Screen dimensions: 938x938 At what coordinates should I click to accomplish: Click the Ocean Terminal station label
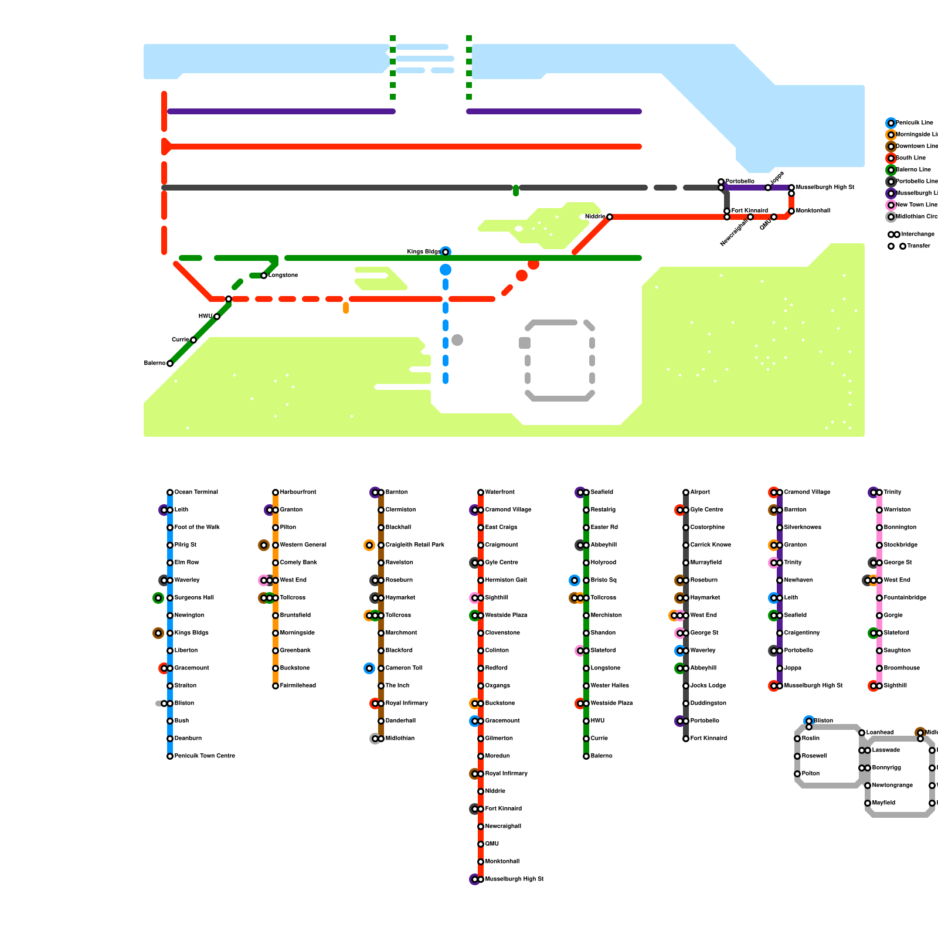coord(196,492)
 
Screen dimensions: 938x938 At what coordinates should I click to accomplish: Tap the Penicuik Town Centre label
coord(205,756)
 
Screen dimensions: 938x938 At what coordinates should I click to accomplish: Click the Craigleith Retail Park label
coord(414,545)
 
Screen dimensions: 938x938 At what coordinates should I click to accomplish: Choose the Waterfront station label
coord(499,492)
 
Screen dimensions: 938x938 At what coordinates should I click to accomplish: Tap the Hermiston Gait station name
coord(505,580)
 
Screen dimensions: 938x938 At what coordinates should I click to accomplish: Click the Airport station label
coord(700,492)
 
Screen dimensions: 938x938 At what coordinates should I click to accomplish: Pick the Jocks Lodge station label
coord(708,686)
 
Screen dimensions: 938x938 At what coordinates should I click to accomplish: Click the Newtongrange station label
coord(892,786)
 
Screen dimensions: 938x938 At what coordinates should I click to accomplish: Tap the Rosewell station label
coord(814,756)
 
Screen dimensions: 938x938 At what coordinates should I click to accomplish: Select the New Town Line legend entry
coord(916,205)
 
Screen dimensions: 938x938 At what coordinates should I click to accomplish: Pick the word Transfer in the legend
coord(918,246)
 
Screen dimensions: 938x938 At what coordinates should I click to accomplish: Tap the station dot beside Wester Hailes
coord(586,686)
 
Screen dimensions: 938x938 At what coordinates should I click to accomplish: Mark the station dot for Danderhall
coord(381,721)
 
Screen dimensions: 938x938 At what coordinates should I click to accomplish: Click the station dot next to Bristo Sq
coord(586,580)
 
